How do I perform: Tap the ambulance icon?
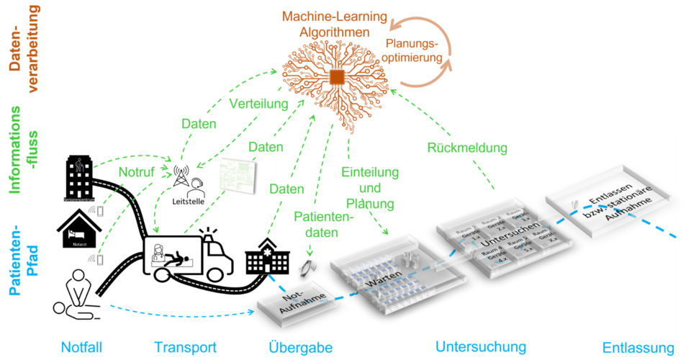(x=189, y=258)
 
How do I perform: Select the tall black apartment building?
(x=79, y=177)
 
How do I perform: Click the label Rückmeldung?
(x=468, y=148)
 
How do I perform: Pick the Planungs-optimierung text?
(x=415, y=50)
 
